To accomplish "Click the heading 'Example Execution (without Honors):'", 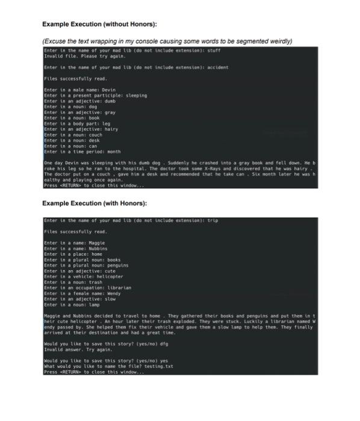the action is point(99,24).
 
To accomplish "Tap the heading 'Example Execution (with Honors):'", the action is point(95,203).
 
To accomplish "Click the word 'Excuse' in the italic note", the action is point(55,41).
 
